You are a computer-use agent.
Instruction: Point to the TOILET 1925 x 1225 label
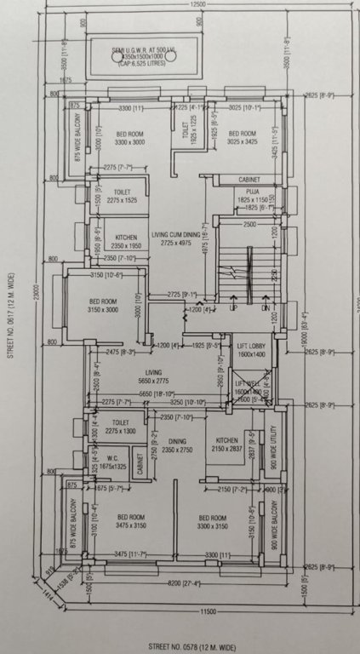(188, 135)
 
